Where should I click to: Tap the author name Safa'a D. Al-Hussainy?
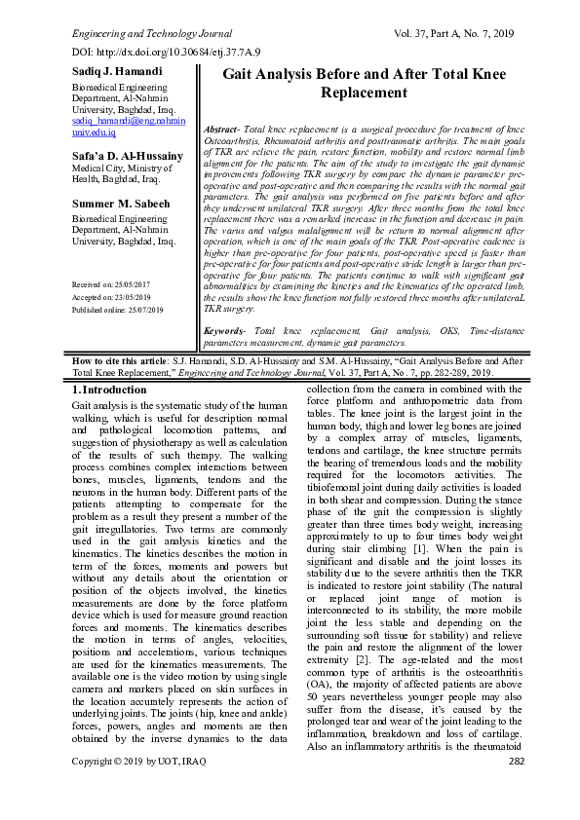click(128, 156)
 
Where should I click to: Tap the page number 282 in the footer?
click(516, 787)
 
